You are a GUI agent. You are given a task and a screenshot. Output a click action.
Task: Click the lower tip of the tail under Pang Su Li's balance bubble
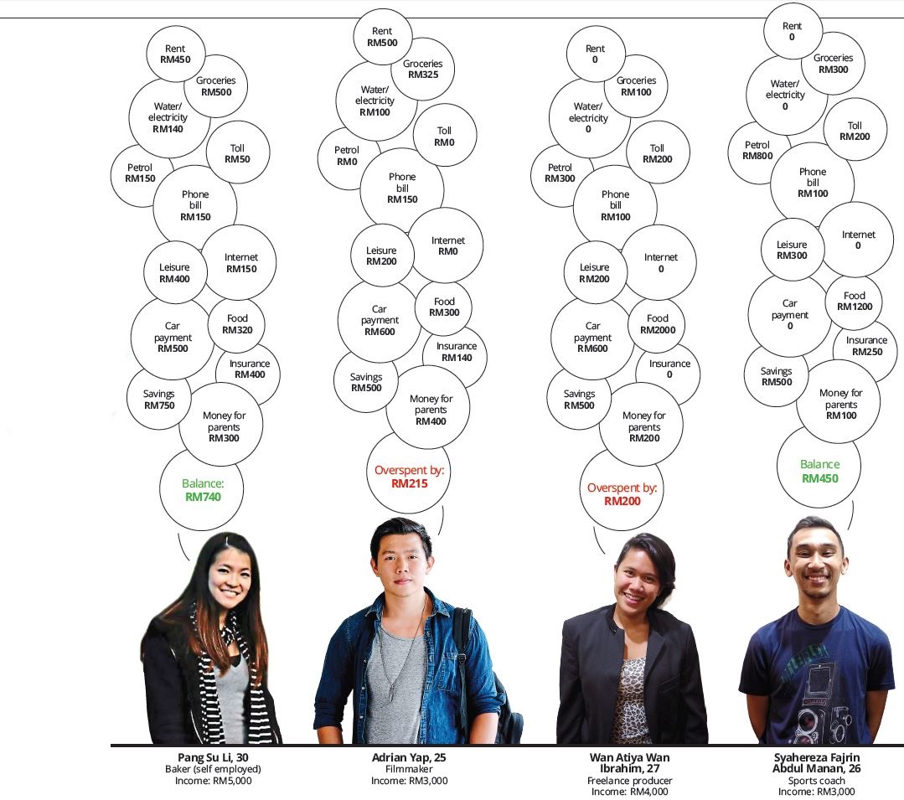point(189,560)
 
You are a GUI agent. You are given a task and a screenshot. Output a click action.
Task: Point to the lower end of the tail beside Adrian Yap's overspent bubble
point(439,535)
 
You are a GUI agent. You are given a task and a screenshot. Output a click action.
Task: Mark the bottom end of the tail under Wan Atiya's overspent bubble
point(605,554)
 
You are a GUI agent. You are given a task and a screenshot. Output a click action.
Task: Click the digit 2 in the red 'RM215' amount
point(411,483)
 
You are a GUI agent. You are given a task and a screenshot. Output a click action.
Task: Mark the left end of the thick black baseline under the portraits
point(111,746)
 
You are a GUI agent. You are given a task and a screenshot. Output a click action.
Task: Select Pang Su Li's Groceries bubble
point(215,86)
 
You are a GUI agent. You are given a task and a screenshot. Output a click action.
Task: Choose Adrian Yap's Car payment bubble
point(380,321)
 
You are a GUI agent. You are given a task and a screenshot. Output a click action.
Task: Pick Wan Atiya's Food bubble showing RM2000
point(657,324)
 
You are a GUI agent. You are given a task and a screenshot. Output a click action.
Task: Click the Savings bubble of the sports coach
point(776,376)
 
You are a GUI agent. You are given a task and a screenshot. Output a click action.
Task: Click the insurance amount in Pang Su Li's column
point(250,374)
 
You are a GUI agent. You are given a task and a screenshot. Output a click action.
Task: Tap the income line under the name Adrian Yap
point(410,781)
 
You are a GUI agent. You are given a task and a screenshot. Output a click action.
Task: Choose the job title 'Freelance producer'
point(629,781)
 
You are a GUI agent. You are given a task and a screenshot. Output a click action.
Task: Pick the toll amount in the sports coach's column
point(855,137)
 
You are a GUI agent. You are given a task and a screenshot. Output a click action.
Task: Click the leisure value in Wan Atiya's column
point(594,279)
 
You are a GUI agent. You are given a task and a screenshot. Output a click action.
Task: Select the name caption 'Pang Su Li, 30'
point(214,757)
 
